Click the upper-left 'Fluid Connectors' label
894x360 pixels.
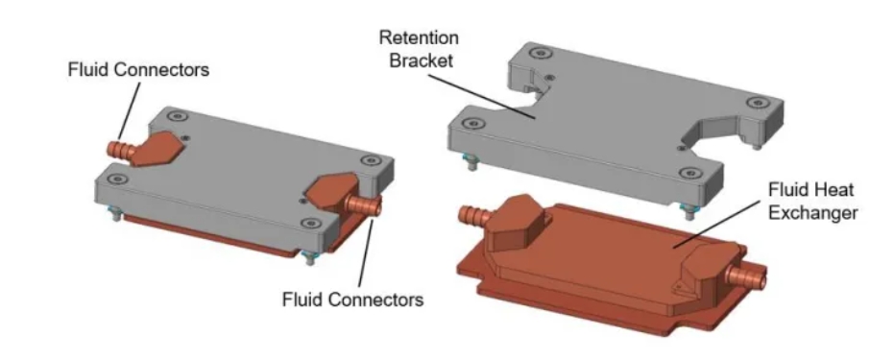point(137,71)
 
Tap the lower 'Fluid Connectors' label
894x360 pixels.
point(352,300)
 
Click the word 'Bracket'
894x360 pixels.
point(415,60)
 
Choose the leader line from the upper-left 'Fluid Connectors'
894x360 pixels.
point(127,110)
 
